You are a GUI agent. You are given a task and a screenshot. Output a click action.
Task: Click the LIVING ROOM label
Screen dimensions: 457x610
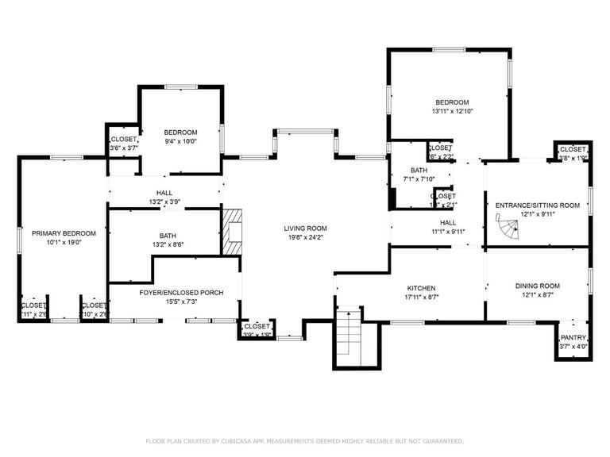(305, 228)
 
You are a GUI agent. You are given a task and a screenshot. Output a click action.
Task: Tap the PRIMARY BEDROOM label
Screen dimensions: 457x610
(64, 233)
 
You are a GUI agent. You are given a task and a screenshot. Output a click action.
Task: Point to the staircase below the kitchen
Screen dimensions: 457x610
(348, 336)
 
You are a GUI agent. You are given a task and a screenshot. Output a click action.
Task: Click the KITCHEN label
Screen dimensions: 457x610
(421, 288)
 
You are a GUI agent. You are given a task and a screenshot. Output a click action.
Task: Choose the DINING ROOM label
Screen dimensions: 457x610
(538, 286)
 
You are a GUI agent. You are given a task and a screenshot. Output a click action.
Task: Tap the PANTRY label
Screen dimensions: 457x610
(573, 337)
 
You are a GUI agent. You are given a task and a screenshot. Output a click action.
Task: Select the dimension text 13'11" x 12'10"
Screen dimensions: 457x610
(451, 112)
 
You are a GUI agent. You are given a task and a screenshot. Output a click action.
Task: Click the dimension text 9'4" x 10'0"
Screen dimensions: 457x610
(180, 141)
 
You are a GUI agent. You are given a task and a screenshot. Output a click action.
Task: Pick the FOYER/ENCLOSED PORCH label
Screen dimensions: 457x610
(181, 293)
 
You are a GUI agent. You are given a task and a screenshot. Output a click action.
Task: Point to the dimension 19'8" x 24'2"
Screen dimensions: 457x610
(305, 237)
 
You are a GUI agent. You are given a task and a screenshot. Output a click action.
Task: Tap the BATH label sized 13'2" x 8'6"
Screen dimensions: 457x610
(168, 236)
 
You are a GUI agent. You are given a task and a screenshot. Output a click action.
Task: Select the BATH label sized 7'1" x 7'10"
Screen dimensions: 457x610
(419, 171)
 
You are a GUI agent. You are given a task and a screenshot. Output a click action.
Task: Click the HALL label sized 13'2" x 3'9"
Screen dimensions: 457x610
(164, 193)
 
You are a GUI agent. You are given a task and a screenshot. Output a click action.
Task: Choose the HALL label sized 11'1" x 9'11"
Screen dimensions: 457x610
(448, 223)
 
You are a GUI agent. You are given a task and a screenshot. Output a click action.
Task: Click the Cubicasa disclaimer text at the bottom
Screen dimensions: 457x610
(305, 440)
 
